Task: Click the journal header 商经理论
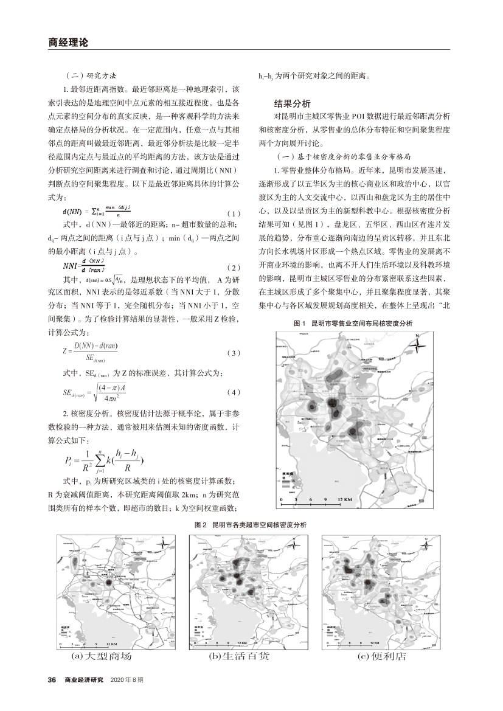pyautogui.click(x=68, y=43)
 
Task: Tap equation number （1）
pyautogui.click(x=233, y=213)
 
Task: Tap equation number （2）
pyautogui.click(x=233, y=268)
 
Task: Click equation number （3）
pyautogui.click(x=233, y=353)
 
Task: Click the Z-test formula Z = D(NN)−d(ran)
pyautogui.click(x=91, y=352)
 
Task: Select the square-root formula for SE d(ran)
pyautogui.click(x=97, y=392)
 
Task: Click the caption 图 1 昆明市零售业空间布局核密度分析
pyautogui.click(x=352, y=324)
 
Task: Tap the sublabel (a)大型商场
pyautogui.click(x=101, y=657)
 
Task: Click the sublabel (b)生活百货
pyautogui.click(x=238, y=657)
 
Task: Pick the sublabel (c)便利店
pyautogui.click(x=381, y=657)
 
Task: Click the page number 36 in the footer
pyautogui.click(x=52, y=679)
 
